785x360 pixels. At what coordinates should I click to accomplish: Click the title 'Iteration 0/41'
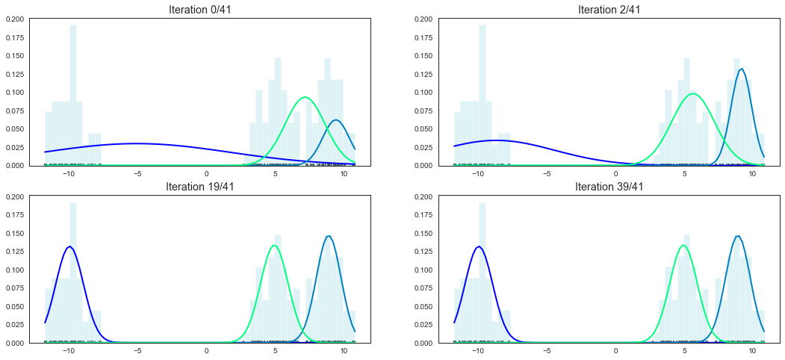207,9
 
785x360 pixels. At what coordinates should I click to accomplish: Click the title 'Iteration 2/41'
609,9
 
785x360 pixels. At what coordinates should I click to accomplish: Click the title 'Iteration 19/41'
207,187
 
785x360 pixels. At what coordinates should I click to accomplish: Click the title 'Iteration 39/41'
609,187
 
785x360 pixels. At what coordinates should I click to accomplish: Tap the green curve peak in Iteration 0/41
305,97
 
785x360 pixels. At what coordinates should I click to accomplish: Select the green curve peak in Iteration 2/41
694,93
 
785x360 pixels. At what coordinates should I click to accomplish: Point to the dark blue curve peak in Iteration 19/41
69,246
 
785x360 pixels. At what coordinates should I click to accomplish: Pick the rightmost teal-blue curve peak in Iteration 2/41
741,69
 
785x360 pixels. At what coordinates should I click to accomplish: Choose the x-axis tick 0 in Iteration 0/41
207,173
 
